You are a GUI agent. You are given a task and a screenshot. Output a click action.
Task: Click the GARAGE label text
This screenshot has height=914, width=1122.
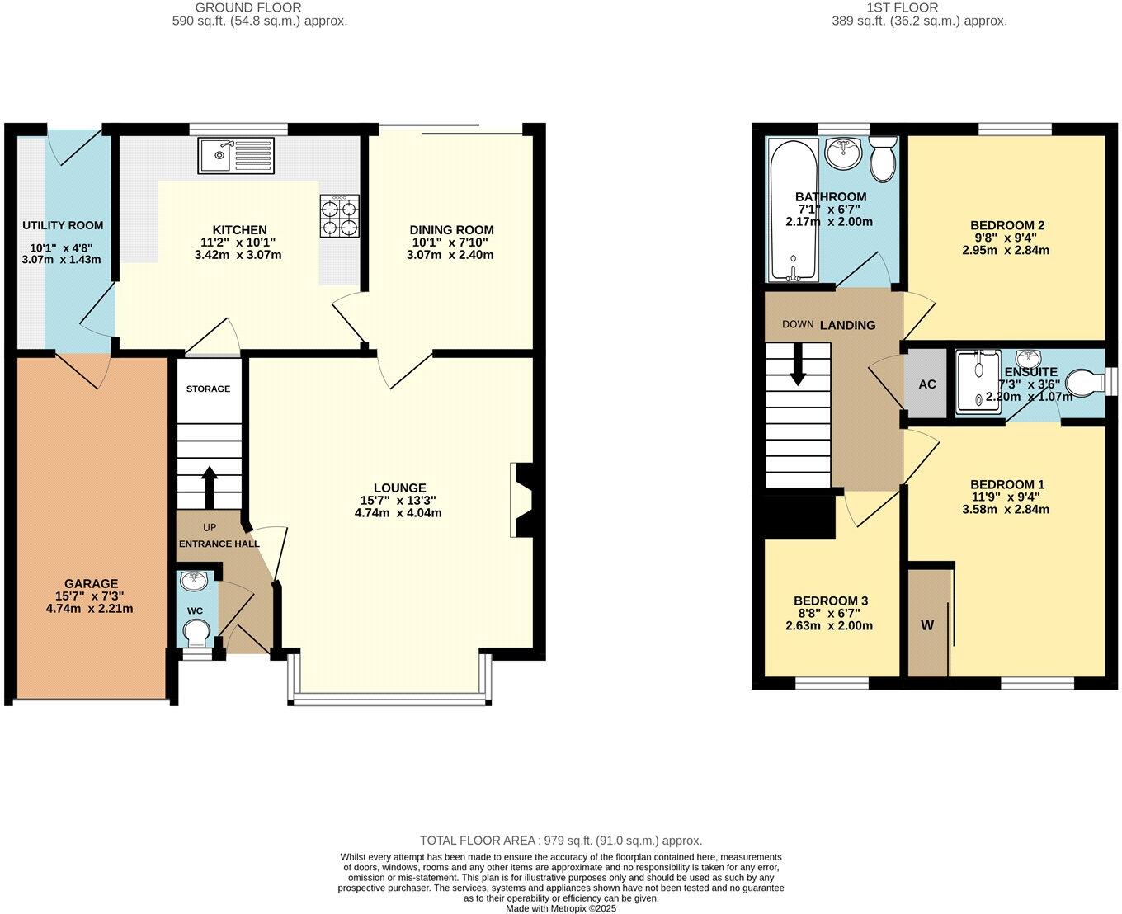coord(92,583)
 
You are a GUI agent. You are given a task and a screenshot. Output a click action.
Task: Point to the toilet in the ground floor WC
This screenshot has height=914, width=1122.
coord(196,635)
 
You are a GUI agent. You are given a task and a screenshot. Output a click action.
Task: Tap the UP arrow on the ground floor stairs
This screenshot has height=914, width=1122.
coord(209,487)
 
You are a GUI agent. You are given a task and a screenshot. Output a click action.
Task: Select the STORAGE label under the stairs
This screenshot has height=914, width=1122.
coord(208,389)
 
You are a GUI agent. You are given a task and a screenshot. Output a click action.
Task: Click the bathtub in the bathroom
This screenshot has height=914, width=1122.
coord(793,210)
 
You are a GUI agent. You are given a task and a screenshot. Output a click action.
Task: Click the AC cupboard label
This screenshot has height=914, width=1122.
coord(927,384)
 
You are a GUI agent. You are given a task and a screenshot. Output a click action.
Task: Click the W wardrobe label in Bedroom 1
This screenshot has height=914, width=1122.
coord(927,625)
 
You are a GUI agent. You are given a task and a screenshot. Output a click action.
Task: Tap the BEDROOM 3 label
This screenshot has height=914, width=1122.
coord(830,601)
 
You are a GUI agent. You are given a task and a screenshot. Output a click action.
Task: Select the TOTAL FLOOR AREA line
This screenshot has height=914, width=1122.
coord(561,841)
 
